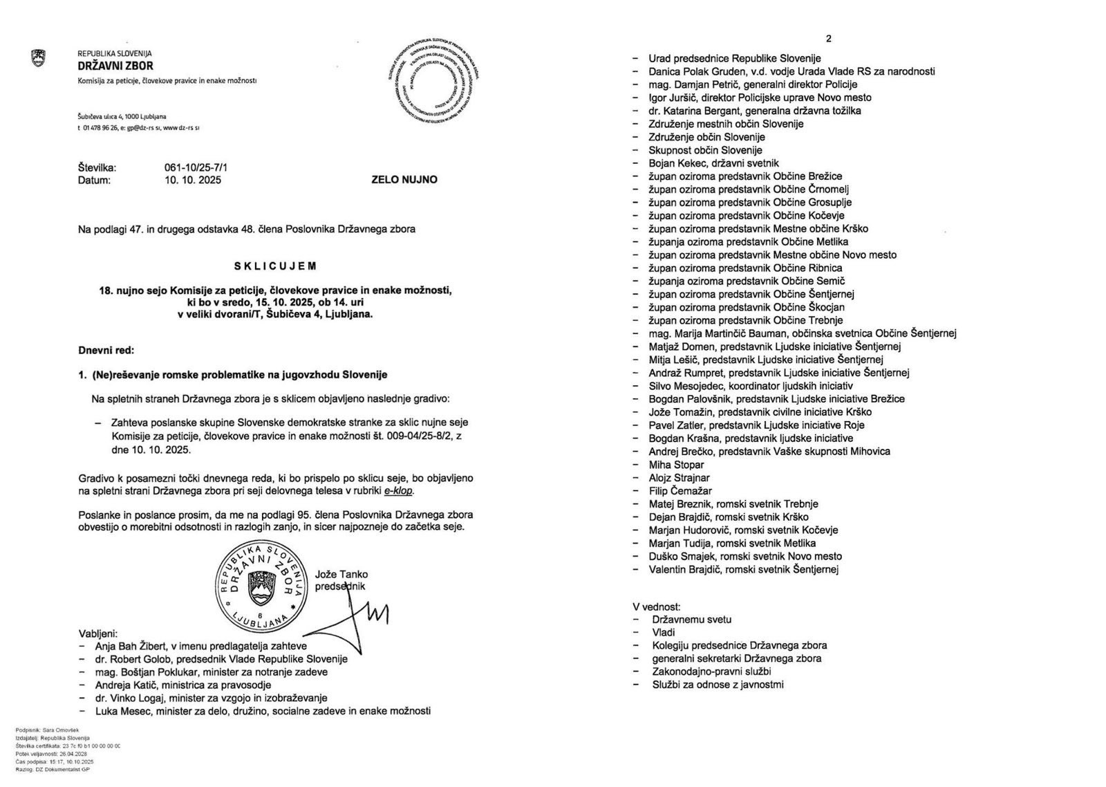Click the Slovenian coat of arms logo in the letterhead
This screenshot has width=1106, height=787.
39,58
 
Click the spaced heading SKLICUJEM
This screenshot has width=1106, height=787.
274,266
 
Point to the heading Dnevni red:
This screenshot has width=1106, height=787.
106,351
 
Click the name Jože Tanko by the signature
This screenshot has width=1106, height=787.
341,574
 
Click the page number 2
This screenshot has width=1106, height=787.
829,39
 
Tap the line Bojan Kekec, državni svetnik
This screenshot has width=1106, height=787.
715,163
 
